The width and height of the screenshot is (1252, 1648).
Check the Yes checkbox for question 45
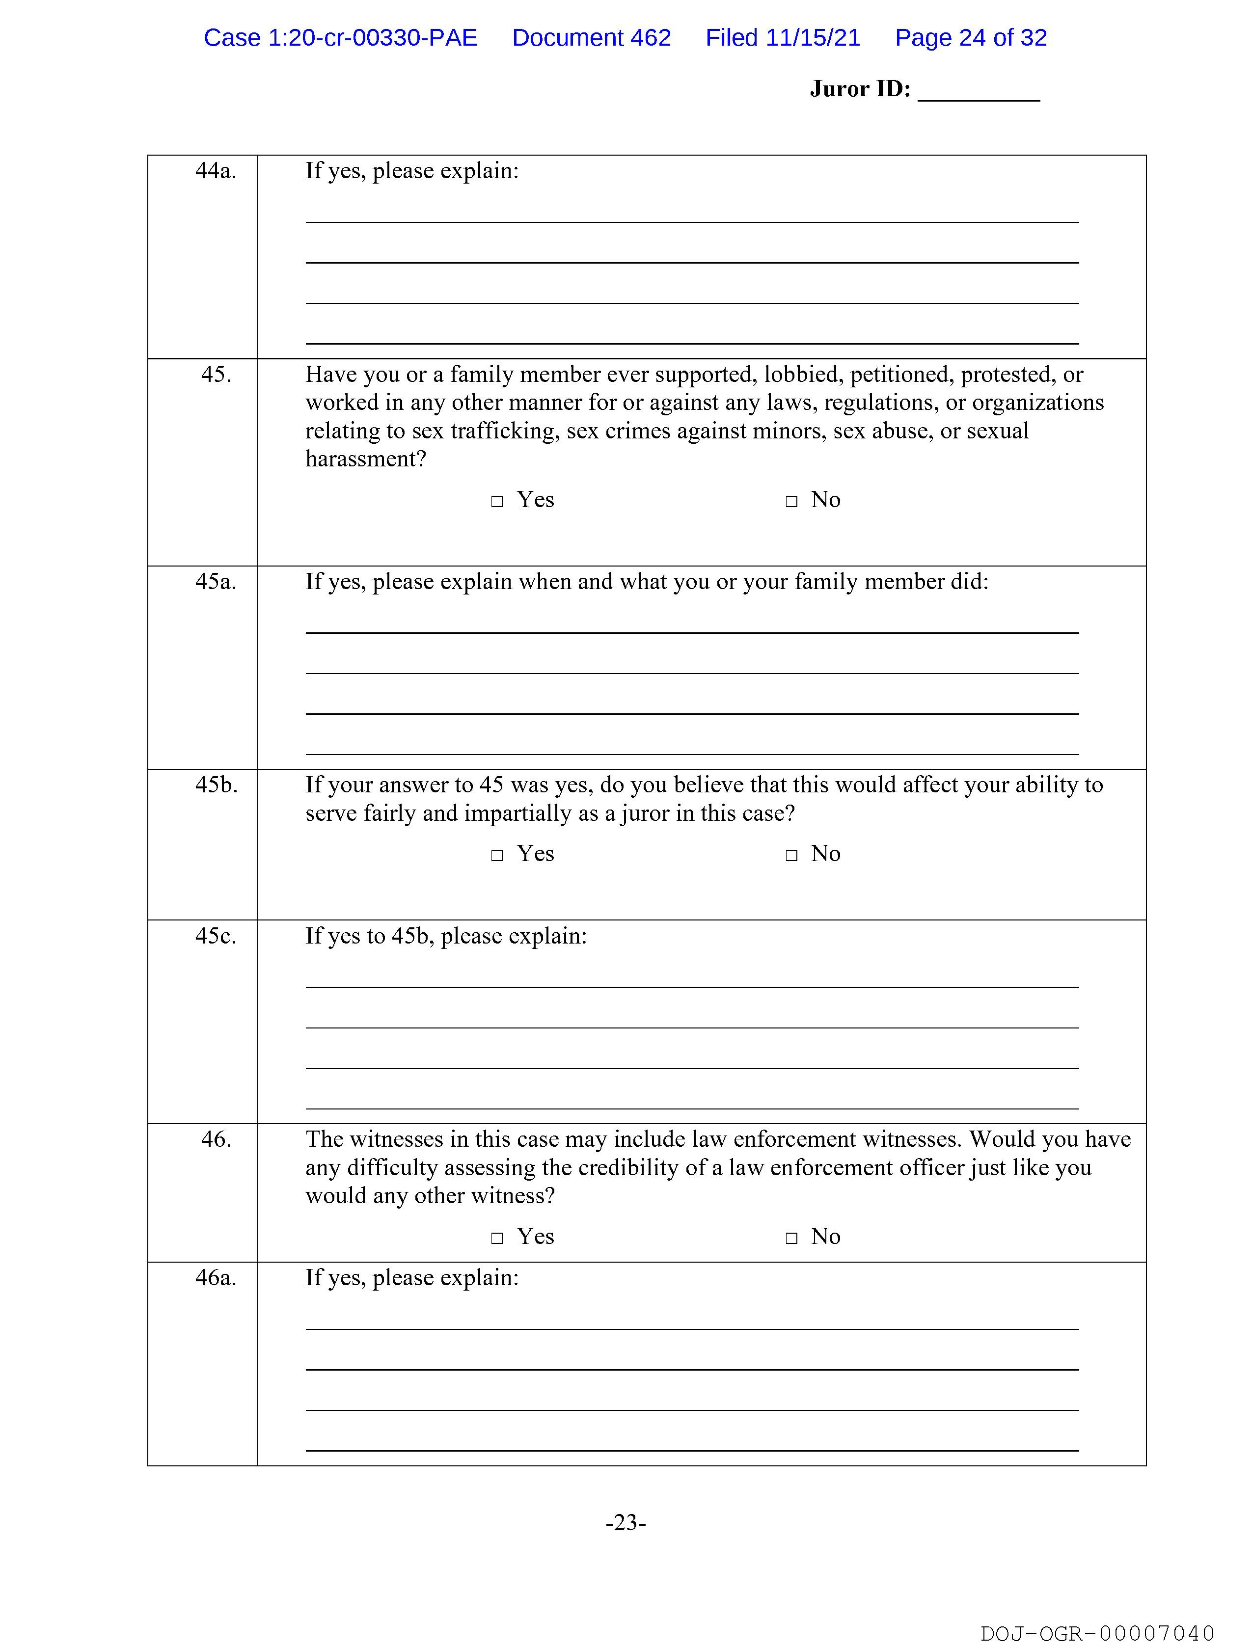pos(497,501)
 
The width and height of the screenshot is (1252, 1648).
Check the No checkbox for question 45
pos(791,501)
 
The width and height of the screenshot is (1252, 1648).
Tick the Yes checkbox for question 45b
pos(497,855)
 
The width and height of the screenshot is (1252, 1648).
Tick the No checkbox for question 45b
pos(791,855)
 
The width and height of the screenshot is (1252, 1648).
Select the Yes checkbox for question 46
pos(497,1238)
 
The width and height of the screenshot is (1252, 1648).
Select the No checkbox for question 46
pos(791,1238)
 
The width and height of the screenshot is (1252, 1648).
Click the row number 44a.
pos(216,171)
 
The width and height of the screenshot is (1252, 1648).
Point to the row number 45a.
pos(216,582)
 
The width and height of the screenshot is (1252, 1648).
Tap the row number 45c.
pos(216,937)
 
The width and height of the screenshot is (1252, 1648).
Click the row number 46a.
pos(216,1278)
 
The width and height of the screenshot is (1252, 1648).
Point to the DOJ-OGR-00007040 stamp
pos(1097,1633)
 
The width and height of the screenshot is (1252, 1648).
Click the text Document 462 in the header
pos(591,38)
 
